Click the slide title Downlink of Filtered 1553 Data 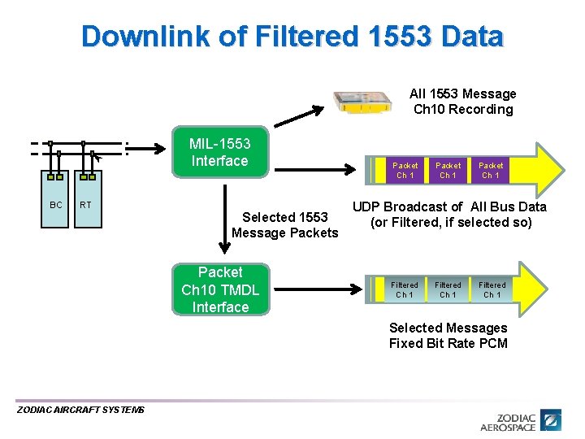[292, 37]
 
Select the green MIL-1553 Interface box [219, 152]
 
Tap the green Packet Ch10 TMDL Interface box [219, 289]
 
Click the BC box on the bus [55, 205]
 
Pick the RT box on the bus [85, 205]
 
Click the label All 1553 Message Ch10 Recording [463, 102]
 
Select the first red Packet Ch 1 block [405, 170]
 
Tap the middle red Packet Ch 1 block [448, 170]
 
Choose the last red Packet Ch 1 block [491, 170]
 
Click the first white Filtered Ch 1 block [405, 289]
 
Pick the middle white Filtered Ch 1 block [448, 289]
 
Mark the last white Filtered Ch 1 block [492, 289]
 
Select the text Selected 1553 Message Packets [284, 225]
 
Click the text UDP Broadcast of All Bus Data [449, 206]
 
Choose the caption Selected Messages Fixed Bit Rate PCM [448, 336]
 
